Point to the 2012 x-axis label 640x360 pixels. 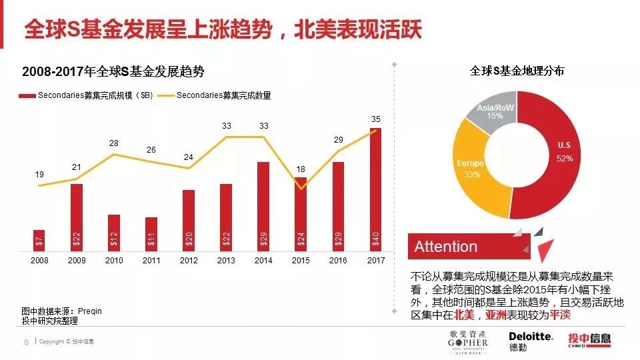pos(189,261)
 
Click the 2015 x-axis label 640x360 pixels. pos(301,261)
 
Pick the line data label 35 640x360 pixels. pos(376,119)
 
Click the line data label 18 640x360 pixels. pos(301,169)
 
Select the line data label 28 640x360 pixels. pos(114,143)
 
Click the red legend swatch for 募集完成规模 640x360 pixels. pos(27,95)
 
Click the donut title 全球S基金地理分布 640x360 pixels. pos(517,71)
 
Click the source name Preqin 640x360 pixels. pos(90,311)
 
